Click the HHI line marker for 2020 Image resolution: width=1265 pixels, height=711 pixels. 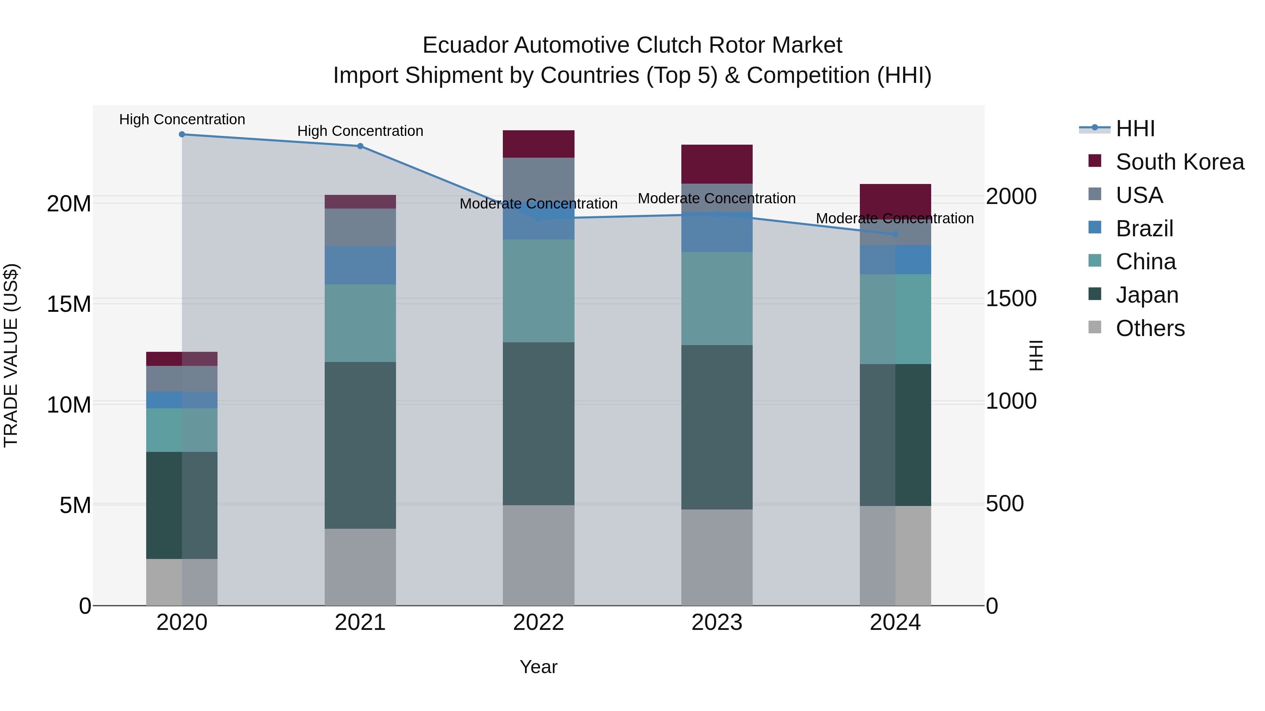click(182, 134)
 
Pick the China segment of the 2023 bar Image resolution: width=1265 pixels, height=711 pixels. click(716, 298)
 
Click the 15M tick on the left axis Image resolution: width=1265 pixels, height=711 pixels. click(69, 304)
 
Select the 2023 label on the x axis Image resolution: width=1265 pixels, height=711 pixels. click(716, 623)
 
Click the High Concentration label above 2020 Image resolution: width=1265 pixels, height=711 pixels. click(182, 119)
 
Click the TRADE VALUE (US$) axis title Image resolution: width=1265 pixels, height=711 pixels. click(11, 355)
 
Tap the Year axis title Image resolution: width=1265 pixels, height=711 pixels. click(538, 667)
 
